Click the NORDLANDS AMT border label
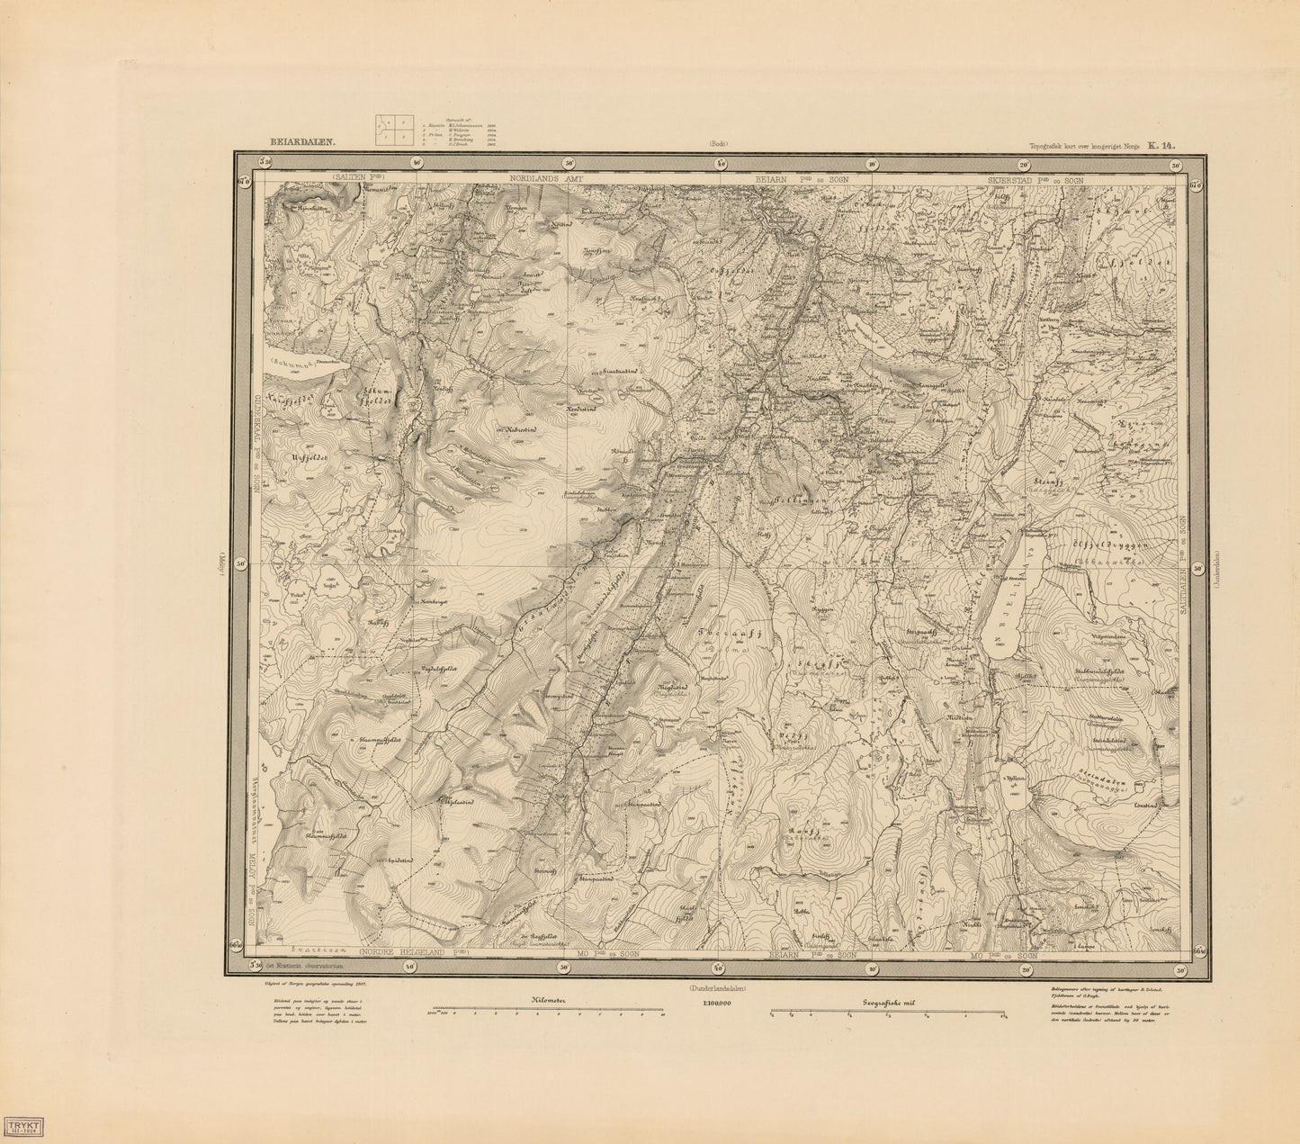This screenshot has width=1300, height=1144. coord(547,179)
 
